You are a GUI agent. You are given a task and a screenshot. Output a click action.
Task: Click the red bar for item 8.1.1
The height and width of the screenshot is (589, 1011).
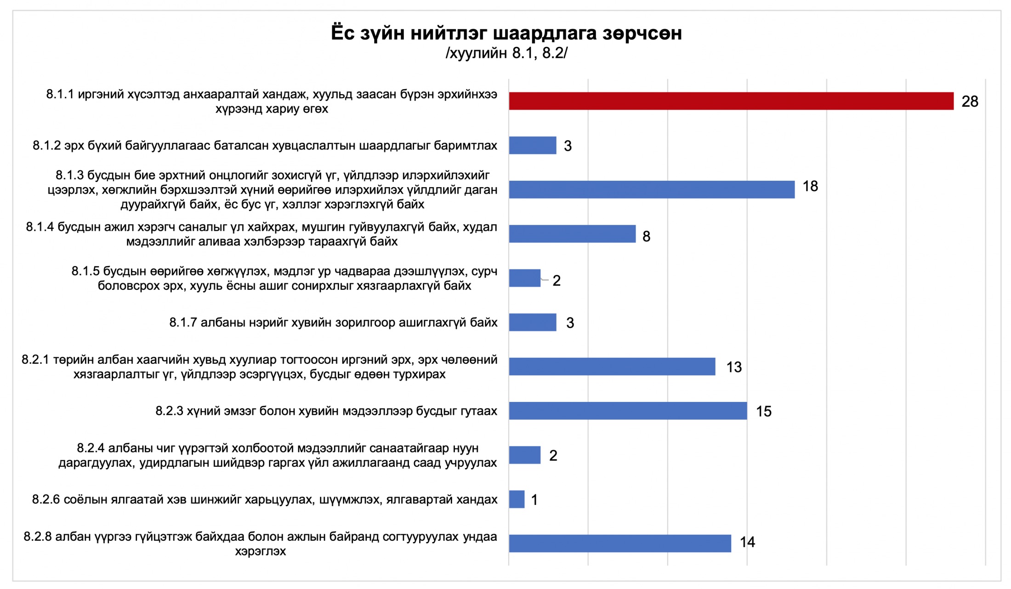[x=731, y=101]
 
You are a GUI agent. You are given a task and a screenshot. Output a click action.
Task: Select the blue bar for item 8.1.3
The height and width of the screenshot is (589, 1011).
[x=652, y=189]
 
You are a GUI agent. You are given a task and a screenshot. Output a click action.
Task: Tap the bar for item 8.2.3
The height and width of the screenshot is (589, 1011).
[x=628, y=411]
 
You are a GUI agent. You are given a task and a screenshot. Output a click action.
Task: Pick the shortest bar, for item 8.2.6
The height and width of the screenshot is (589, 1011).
[x=517, y=499]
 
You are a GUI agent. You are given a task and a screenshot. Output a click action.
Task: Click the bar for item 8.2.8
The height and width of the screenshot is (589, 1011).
[x=620, y=543]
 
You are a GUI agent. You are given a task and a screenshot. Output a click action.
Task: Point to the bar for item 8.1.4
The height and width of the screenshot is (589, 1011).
[x=572, y=234]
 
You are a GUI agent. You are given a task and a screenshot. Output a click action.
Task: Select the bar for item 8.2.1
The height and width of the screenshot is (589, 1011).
[x=612, y=366]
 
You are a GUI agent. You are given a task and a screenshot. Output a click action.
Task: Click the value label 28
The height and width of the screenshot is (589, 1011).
[x=970, y=102]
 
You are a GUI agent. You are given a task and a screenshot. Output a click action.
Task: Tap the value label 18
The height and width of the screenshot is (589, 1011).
[x=810, y=186]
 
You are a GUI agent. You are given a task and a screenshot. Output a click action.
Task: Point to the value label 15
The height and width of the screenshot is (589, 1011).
[x=764, y=412]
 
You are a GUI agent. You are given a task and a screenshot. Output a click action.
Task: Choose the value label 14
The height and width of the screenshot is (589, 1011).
[x=747, y=542]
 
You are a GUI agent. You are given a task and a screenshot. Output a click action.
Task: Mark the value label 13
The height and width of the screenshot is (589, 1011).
[x=734, y=367]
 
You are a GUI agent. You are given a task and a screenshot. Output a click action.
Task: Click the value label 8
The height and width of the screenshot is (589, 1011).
[x=646, y=236]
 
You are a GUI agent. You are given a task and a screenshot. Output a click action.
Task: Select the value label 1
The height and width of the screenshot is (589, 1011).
[x=534, y=500]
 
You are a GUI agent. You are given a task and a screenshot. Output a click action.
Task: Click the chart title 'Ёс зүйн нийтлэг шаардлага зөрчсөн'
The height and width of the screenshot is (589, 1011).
[x=506, y=33]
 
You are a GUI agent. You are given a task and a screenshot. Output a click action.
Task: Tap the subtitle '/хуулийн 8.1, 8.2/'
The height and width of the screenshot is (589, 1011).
[x=506, y=53]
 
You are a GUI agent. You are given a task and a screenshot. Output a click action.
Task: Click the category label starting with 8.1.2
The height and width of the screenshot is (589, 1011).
[x=265, y=146]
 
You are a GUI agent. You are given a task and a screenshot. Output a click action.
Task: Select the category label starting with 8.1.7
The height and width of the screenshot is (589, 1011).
[x=333, y=322]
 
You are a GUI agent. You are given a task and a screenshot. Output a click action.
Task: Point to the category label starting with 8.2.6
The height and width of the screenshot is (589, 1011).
[x=265, y=499]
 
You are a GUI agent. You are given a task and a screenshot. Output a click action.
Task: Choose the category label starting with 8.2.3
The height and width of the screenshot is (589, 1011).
[x=326, y=411]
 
